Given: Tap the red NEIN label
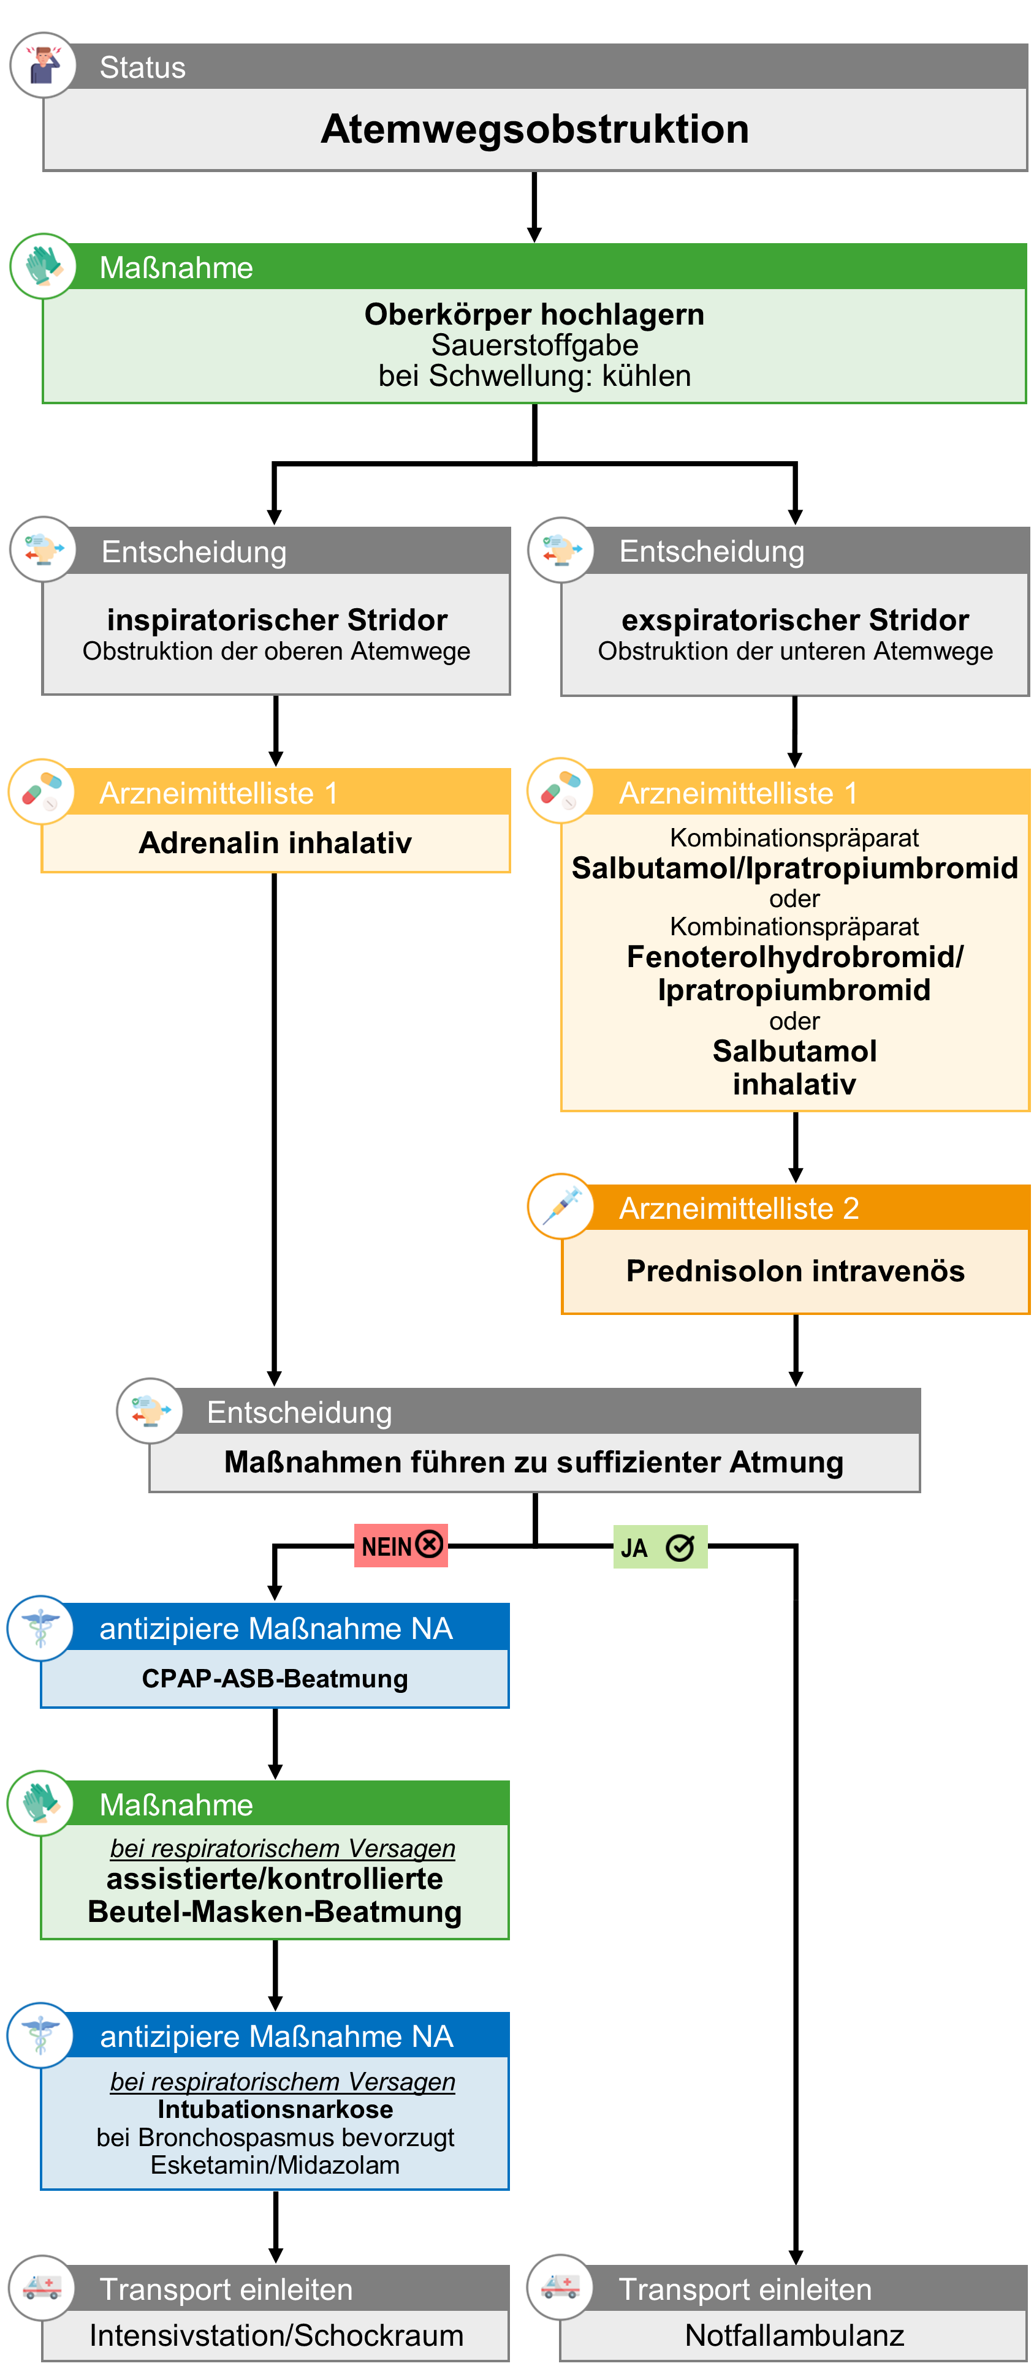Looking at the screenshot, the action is pos(401,1546).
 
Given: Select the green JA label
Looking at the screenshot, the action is pos(660,1546).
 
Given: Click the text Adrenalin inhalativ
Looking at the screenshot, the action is pos(275,843).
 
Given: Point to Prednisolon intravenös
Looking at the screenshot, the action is pos(795,1271).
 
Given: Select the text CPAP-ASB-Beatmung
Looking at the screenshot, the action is pos(275,1679).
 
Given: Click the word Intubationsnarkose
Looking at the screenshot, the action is pos(275,2109).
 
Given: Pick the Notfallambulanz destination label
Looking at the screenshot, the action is pos(795,2335).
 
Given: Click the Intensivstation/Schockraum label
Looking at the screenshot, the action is pos(276,2335).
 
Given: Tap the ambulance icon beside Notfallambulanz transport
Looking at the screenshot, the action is pos(560,2288).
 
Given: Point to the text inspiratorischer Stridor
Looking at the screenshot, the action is pos(277,619).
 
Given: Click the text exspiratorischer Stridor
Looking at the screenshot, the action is pos(795,619).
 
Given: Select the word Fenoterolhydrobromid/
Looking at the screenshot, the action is pos(795,957).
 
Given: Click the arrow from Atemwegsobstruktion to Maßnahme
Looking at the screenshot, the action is pos(534,206).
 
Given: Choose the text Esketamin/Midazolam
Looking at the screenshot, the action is pos(275,2164).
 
